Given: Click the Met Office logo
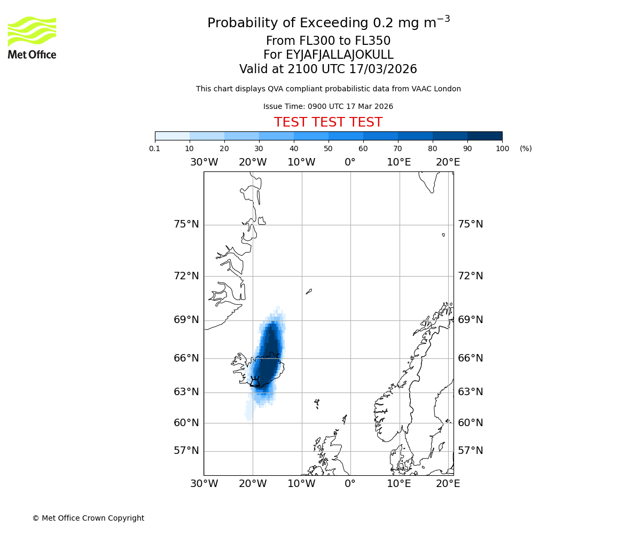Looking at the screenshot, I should click(x=32, y=37).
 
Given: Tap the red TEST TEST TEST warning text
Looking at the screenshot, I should click(x=328, y=122).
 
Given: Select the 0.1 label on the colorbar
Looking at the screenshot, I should click(x=155, y=148).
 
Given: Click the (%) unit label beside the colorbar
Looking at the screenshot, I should click(x=526, y=148).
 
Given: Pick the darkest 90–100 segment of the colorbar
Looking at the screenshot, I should click(x=484, y=136).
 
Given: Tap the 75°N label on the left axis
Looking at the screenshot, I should click(x=186, y=224).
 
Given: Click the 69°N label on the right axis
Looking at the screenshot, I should click(x=470, y=320).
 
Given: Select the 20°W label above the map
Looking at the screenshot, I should click(x=253, y=162).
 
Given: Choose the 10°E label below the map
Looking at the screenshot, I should click(x=399, y=484).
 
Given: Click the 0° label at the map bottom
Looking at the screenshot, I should click(x=350, y=484).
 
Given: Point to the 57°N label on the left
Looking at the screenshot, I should click(x=186, y=451).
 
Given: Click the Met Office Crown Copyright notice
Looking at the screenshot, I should click(x=88, y=518).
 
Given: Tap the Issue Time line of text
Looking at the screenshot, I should click(x=328, y=106).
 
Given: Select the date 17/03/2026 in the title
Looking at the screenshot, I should click(x=383, y=69).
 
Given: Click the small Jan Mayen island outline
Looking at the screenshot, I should click(x=309, y=292).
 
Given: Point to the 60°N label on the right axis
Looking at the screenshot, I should click(x=470, y=423).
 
